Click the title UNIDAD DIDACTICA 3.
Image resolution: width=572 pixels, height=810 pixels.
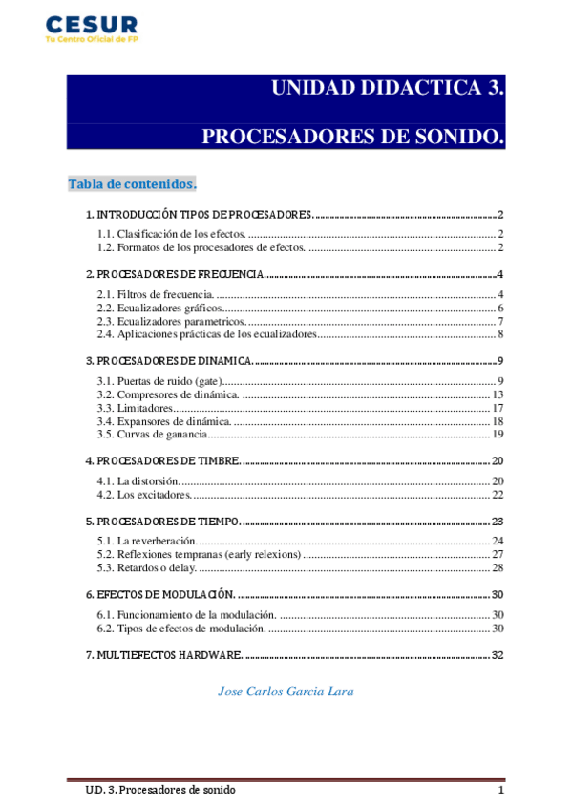point(387,89)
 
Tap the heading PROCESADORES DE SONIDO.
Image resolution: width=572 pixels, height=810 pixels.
point(352,137)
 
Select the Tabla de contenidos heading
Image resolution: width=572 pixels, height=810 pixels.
point(132,183)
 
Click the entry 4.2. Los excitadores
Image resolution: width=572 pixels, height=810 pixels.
point(145,494)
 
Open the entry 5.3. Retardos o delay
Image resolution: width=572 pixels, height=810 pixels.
point(148,567)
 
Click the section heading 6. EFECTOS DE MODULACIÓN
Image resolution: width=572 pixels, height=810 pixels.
point(160,595)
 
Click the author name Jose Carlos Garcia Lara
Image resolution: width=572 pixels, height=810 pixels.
point(286,691)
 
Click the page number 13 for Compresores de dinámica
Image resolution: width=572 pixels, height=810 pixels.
point(497,394)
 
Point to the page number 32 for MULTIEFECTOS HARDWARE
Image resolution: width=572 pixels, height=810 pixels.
point(497,655)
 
